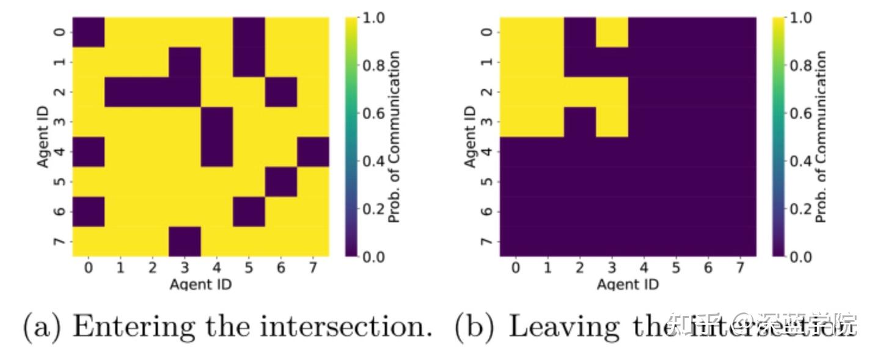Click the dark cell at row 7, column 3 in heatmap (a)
(185, 241)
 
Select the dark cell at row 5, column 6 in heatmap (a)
(281, 182)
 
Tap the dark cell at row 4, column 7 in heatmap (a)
(313, 152)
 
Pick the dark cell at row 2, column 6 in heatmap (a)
(281, 92)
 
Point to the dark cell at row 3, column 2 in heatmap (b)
(580, 122)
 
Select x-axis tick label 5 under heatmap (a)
(249, 268)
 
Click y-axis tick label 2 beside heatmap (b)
(486, 92)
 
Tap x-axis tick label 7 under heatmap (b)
(740, 268)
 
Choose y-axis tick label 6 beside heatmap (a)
(59, 211)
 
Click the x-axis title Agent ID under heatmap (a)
(200, 284)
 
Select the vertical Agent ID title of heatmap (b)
(470, 137)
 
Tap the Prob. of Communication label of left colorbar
(395, 137)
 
